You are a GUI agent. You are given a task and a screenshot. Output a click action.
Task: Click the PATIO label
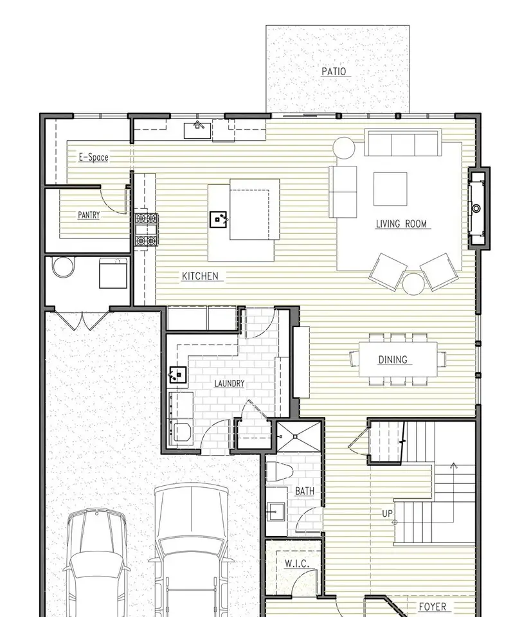pos(334,71)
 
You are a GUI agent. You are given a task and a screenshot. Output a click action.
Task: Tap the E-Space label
pos(94,157)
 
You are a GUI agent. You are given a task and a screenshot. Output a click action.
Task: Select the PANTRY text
pos(89,215)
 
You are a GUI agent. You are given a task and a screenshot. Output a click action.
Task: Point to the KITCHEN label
pos(200,276)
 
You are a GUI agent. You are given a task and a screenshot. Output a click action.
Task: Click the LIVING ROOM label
pos(401,224)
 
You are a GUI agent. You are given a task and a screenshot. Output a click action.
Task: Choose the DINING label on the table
pos(393,360)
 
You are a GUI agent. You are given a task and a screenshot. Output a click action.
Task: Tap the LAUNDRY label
pos(230,384)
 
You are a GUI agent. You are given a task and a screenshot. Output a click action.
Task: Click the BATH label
pos(305,491)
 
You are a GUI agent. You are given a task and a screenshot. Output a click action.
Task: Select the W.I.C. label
pos(297,564)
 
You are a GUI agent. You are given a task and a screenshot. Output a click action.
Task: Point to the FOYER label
pos(433,607)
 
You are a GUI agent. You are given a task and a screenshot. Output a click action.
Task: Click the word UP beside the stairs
pos(388,514)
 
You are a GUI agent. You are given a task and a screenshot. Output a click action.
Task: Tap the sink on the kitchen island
pos(219,219)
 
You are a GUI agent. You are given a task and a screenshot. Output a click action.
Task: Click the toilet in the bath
pos(280,472)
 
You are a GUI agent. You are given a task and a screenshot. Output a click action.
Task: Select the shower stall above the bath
pos(299,436)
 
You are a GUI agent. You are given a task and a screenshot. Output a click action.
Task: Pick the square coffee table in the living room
pos(390,189)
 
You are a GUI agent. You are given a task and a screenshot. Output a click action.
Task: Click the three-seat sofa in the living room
pos(402,143)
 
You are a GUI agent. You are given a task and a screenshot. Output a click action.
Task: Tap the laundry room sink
pos(177,375)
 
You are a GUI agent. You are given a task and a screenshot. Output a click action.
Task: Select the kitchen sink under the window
pos(197,130)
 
